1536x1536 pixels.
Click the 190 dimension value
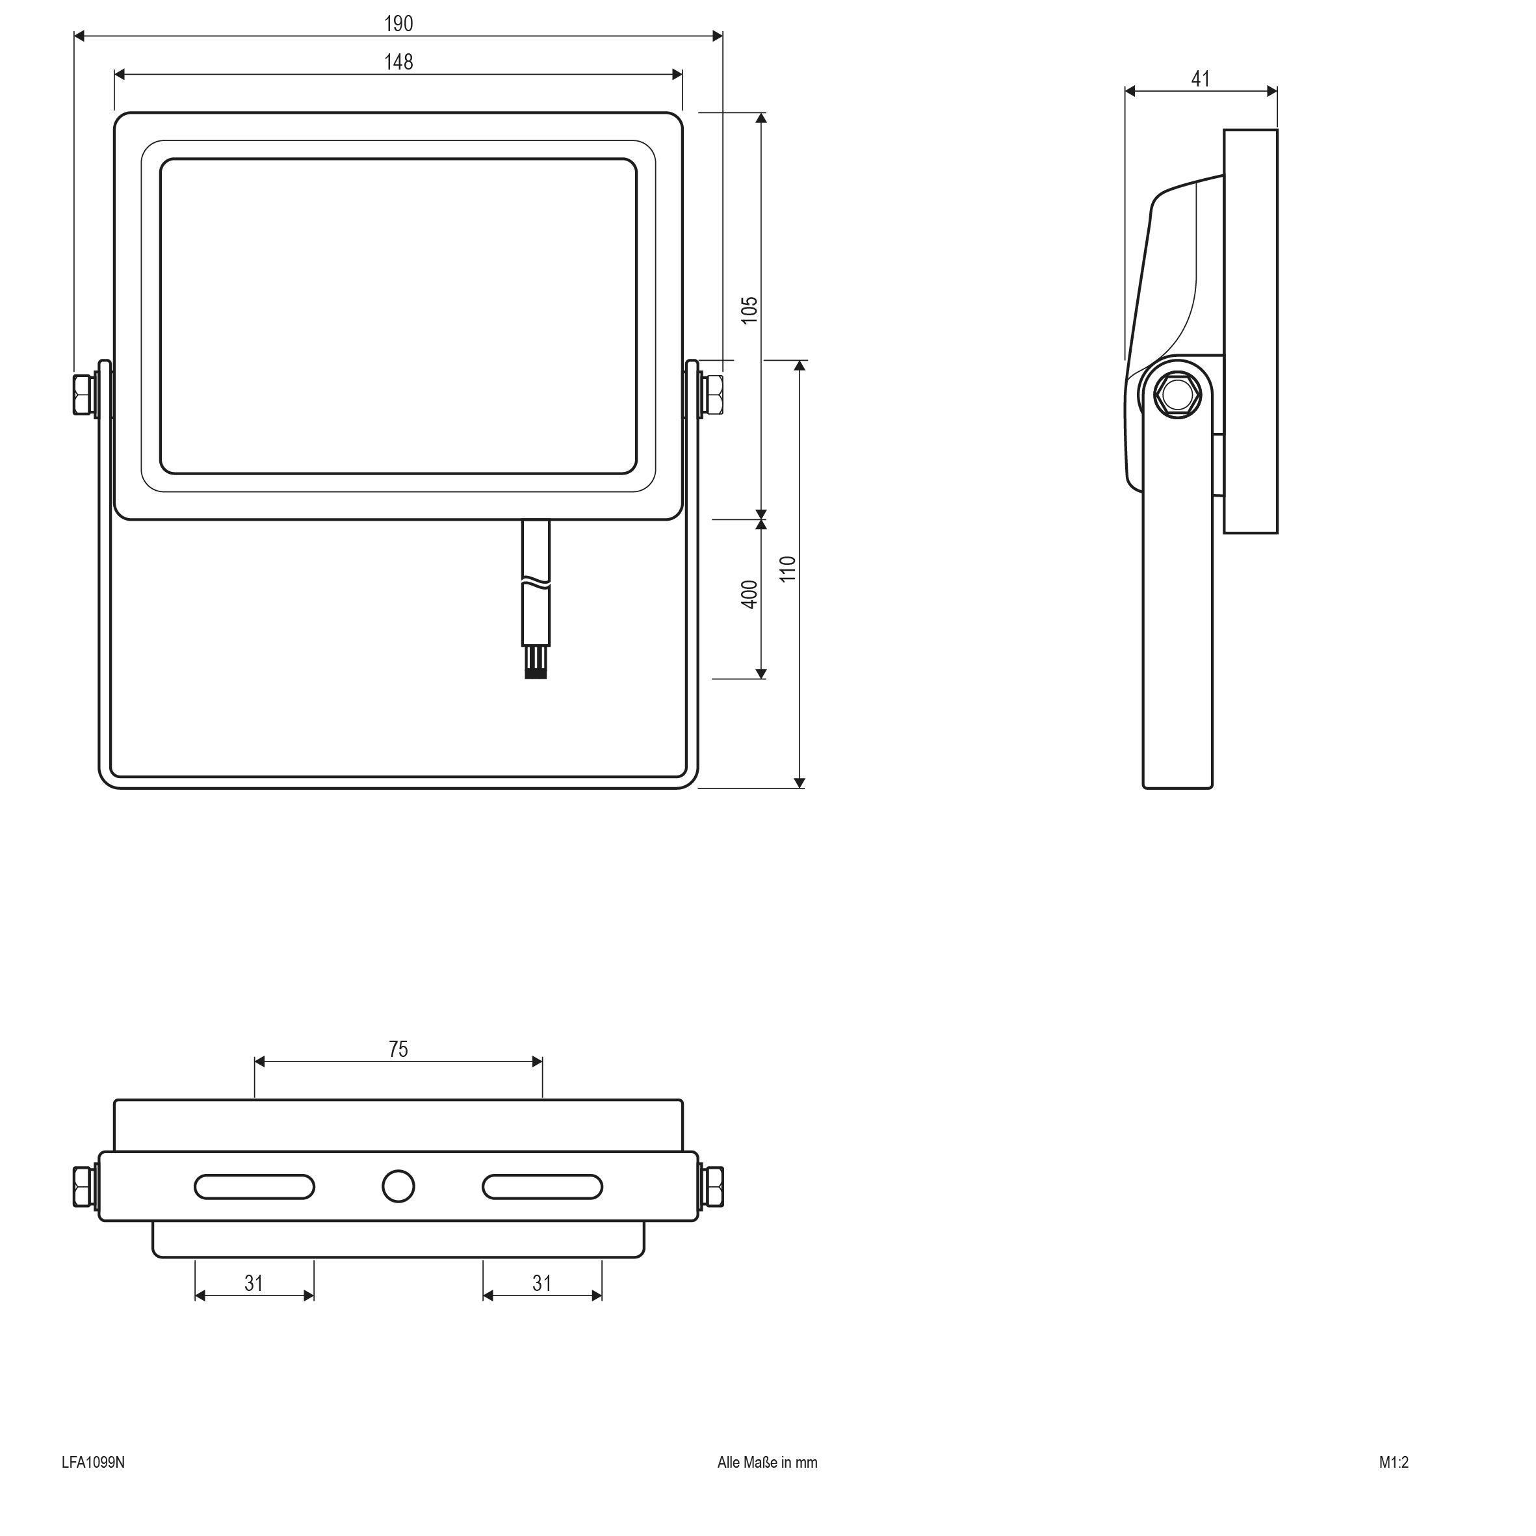(398, 24)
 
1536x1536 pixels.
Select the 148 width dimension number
(398, 62)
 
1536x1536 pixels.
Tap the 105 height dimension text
(749, 310)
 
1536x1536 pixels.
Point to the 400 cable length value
(749, 595)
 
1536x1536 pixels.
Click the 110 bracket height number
(787, 569)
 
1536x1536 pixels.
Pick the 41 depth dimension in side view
(1201, 79)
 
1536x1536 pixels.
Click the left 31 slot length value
(254, 1283)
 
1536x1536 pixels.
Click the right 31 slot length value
(541, 1283)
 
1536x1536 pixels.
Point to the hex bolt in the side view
(1177, 393)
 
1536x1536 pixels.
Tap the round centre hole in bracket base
(398, 1186)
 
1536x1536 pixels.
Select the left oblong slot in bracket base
(254, 1186)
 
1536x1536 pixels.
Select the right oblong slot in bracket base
(542, 1186)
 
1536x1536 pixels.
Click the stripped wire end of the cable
(535, 663)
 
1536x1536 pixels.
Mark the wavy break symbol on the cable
(535, 584)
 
